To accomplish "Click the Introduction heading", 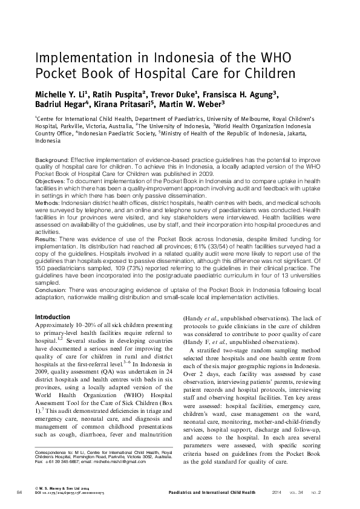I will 53,317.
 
